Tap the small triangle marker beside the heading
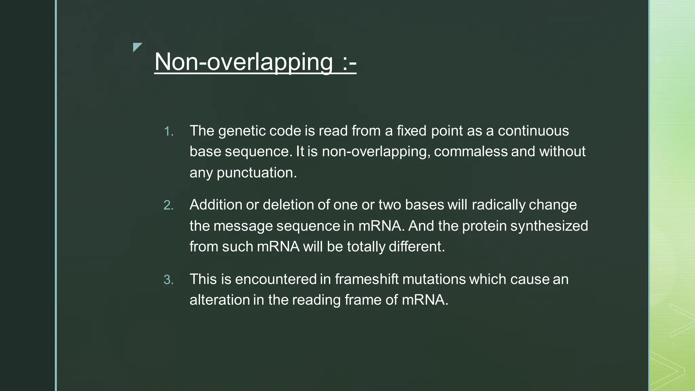[137, 47]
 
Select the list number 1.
[168, 131]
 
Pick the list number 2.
[168, 205]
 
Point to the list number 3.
[168, 280]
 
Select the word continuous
[533, 131]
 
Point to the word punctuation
[257, 173]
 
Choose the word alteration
[220, 300]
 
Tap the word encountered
[276, 279]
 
